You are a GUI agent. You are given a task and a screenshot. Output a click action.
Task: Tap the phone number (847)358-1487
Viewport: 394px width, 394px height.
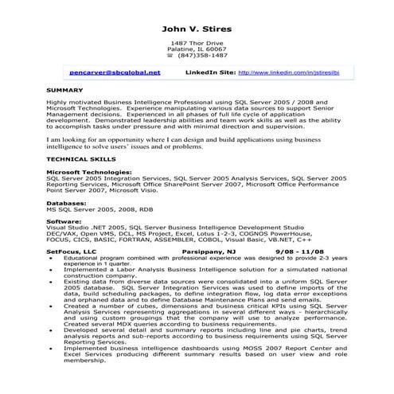tap(202, 56)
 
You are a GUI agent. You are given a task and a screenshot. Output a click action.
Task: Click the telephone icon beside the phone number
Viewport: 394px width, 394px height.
tap(170, 56)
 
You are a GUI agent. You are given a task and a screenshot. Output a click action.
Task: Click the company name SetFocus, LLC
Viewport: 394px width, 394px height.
tap(71, 251)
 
